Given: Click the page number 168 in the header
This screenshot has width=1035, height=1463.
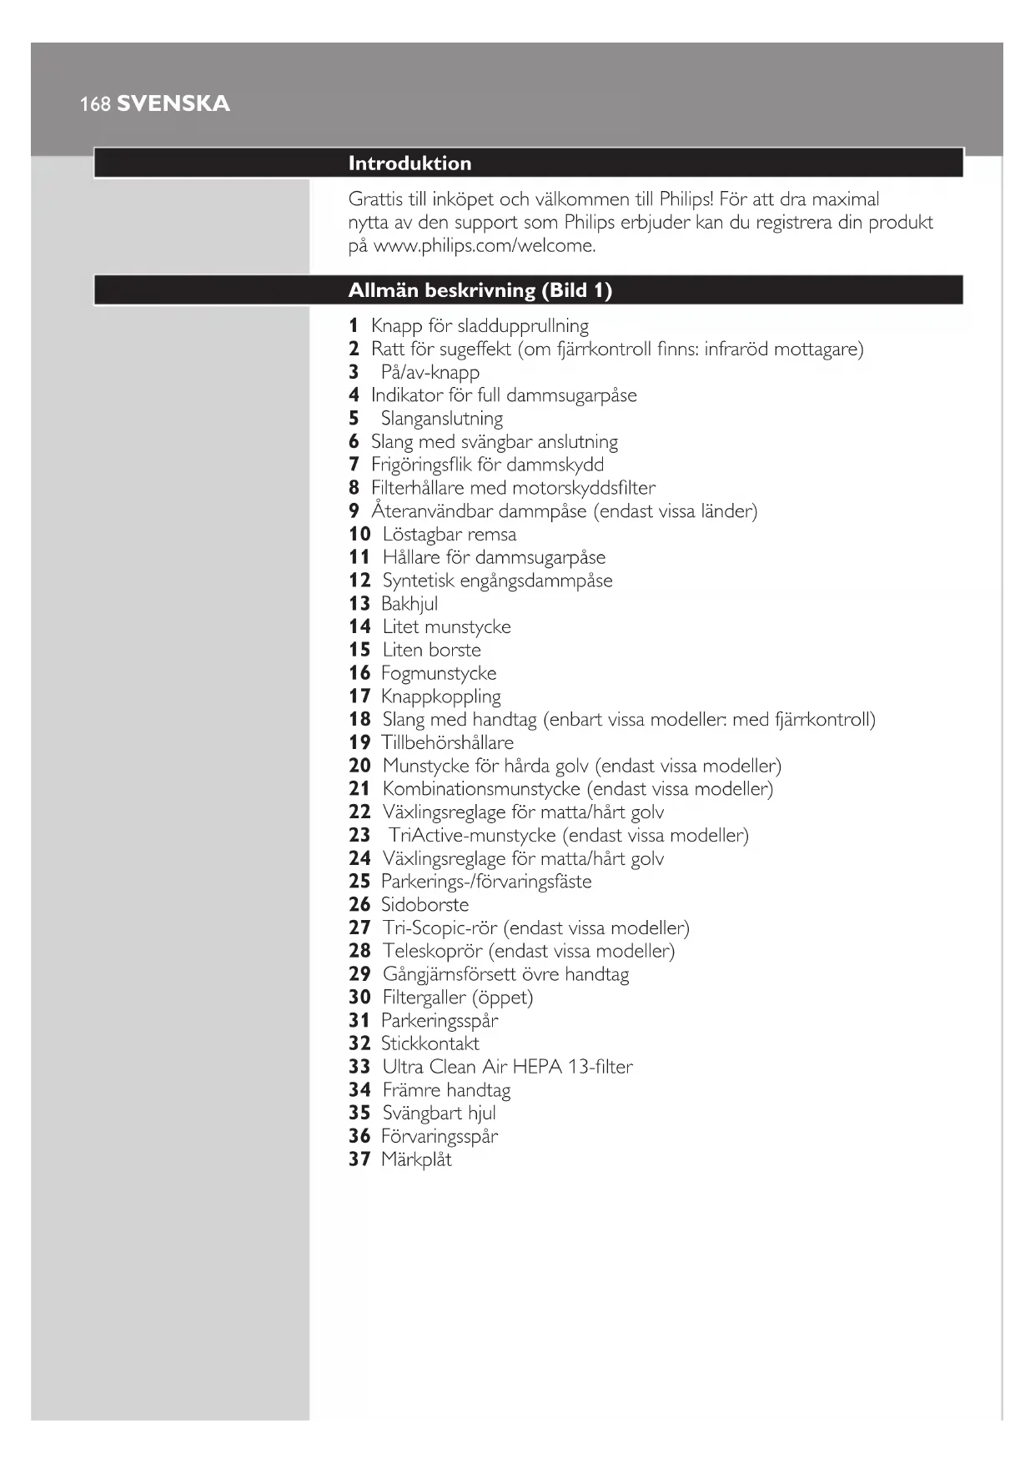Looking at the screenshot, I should (95, 104).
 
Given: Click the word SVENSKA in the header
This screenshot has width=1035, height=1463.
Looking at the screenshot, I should (173, 103).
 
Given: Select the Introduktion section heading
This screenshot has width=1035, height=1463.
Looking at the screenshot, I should (409, 163).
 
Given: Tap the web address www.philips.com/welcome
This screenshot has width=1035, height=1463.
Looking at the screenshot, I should (484, 246).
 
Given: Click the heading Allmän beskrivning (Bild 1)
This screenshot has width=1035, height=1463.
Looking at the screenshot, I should (480, 290).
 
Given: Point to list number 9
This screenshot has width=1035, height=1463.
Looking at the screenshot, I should (354, 510).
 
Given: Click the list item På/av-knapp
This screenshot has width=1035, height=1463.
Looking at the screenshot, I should (430, 372).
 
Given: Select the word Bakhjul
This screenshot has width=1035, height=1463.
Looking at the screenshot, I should (409, 603).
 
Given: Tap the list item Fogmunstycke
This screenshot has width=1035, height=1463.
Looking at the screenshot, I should (438, 673).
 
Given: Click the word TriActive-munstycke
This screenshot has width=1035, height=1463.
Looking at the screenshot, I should (472, 835).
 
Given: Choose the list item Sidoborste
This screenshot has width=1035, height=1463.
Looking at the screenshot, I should (425, 904).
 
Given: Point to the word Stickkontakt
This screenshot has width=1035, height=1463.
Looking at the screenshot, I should (430, 1043).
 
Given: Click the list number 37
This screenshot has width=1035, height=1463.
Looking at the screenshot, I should (359, 1159).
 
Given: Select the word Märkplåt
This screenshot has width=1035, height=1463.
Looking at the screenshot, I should (416, 1159).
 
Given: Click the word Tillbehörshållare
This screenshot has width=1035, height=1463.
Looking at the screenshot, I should (447, 742).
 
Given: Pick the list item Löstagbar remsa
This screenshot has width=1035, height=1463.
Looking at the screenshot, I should (449, 534).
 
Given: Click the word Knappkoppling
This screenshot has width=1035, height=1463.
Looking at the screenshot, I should (440, 696).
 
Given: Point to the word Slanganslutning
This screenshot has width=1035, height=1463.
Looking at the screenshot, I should (441, 418).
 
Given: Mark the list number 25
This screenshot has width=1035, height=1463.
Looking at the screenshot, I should (359, 881).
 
